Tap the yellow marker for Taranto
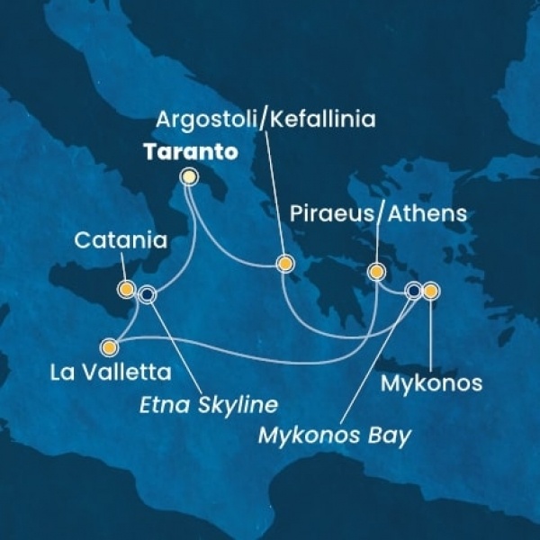[x=189, y=178]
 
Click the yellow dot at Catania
[x=126, y=290]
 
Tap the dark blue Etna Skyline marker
[x=148, y=293]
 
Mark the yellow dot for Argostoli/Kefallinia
[x=285, y=264]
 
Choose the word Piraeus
[x=328, y=214]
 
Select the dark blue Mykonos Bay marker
[x=413, y=291]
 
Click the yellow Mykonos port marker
[x=430, y=291]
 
